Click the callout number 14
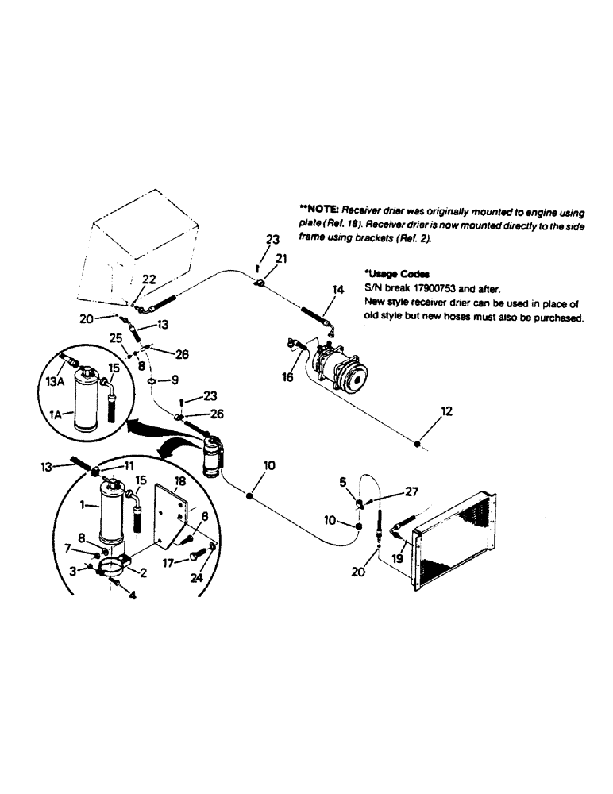point(338,291)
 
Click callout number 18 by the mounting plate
point(179,481)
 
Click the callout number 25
point(116,337)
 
